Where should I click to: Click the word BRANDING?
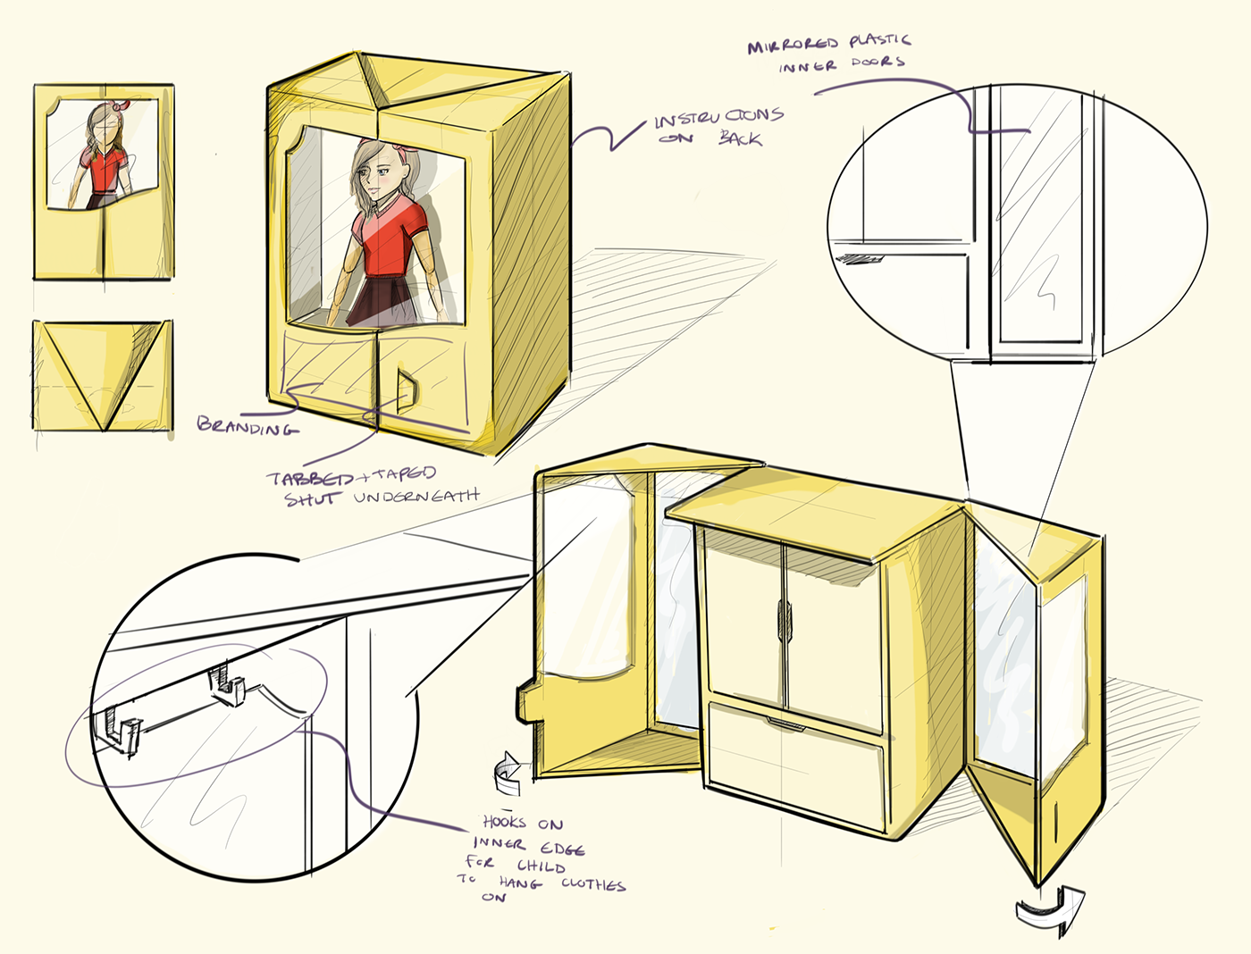pyautogui.click(x=248, y=425)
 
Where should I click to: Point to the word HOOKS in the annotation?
pyautogui.click(x=504, y=822)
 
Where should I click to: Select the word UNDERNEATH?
pyautogui.click(x=416, y=496)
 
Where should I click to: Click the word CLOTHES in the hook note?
pyautogui.click(x=593, y=884)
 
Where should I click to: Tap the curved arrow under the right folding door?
pyautogui.click(x=1050, y=911)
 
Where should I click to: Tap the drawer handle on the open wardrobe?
pyautogui.click(x=785, y=724)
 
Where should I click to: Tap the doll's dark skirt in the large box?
pyautogui.click(x=382, y=299)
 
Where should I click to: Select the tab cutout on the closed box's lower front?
pyautogui.click(x=407, y=390)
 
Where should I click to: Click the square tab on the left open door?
pyautogui.click(x=525, y=703)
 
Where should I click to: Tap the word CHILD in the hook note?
pyautogui.click(x=541, y=866)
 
